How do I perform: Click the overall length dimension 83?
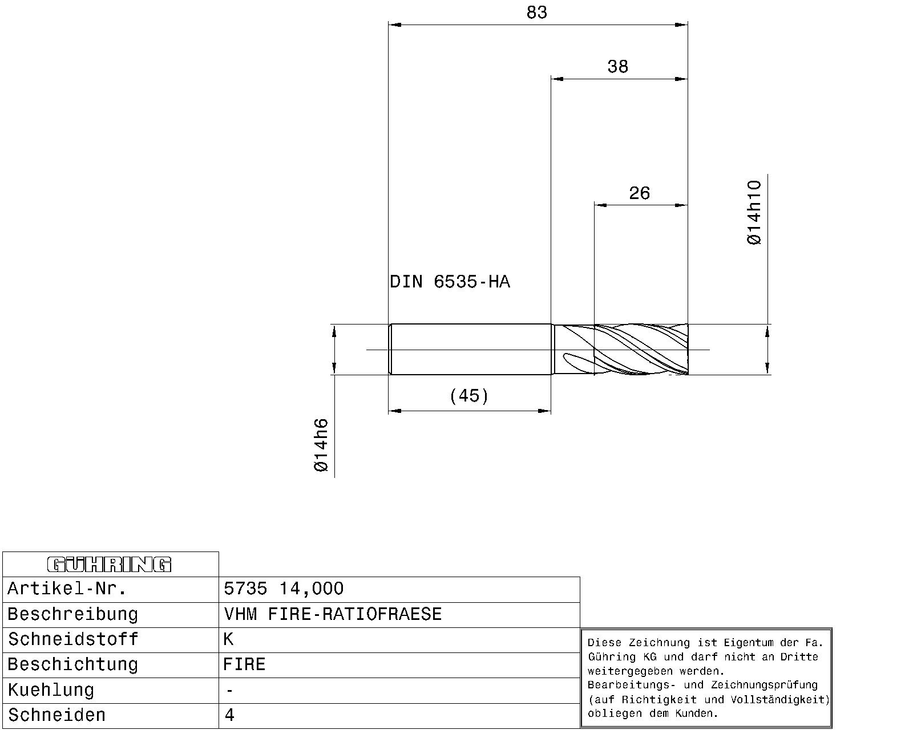[x=537, y=13]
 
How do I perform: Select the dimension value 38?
[x=617, y=67]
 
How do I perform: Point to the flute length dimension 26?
[x=639, y=193]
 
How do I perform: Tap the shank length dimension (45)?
[x=469, y=396]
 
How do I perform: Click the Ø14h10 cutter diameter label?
[x=754, y=213]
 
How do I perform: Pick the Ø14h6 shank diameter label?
[x=321, y=445]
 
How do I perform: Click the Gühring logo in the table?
[x=109, y=565]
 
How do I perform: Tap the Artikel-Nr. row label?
[x=67, y=589]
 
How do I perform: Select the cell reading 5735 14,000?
[x=284, y=589]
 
